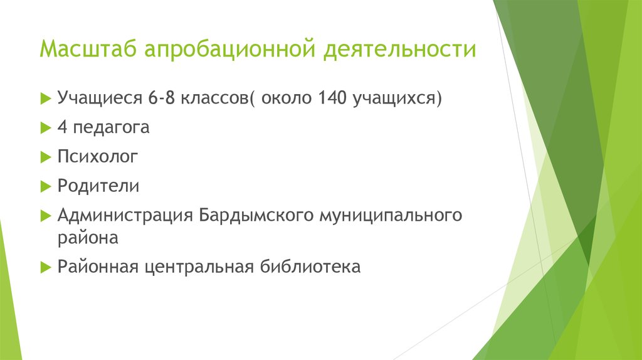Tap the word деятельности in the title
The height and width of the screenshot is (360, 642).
click(x=399, y=49)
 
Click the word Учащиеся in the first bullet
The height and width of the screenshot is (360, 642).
click(x=99, y=98)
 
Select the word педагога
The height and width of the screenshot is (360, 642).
click(x=112, y=128)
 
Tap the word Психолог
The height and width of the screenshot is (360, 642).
click(x=97, y=157)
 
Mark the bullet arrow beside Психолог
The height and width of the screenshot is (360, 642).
click(x=45, y=157)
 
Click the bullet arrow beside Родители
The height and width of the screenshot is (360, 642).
click(x=45, y=187)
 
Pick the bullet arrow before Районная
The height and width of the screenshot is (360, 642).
click(x=45, y=267)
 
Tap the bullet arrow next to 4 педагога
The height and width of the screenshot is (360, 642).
click(x=45, y=129)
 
